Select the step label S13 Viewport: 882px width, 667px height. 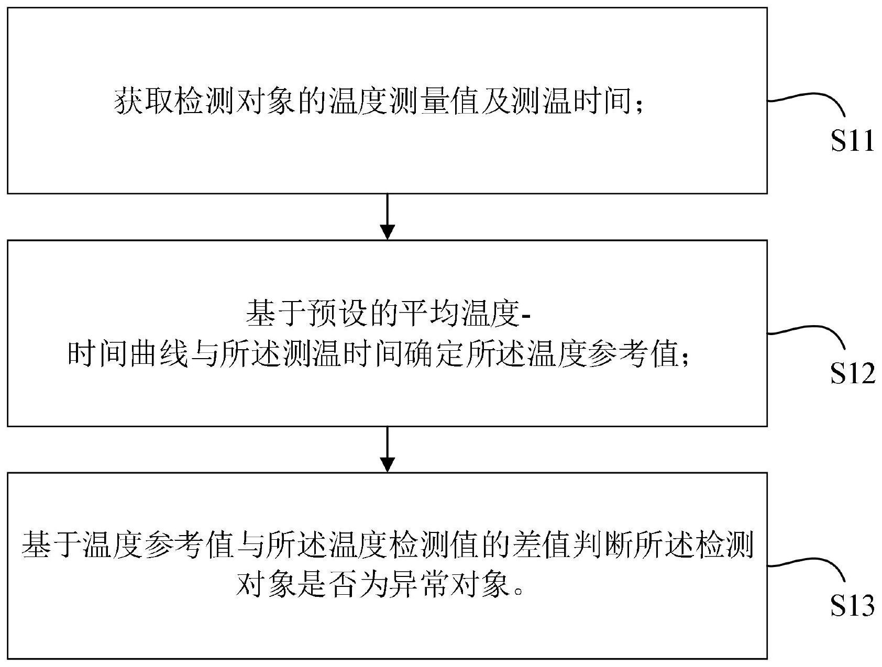tap(853, 605)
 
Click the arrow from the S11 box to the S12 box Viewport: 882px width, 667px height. tap(387, 217)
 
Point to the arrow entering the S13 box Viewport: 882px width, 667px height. tap(387, 449)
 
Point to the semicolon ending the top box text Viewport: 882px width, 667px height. tap(638, 104)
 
